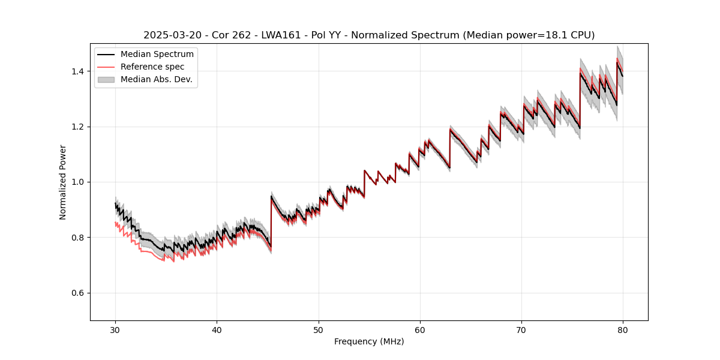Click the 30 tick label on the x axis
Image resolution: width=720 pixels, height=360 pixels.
coord(115,329)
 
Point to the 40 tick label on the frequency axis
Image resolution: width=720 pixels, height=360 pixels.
coord(217,329)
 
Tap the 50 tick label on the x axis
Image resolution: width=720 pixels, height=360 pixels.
coord(319,329)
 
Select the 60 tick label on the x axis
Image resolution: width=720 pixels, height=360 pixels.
coord(420,329)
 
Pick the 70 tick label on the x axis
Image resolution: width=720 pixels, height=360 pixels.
coord(521,329)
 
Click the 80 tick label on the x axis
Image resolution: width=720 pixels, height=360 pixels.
coord(623,329)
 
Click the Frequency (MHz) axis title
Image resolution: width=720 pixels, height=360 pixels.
coord(369,341)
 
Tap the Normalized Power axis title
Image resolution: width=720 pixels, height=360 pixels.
coord(63,182)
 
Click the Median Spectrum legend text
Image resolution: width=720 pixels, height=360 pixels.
coord(157,55)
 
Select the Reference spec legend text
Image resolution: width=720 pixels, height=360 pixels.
coord(152,67)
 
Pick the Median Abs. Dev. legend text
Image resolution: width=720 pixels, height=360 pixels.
coord(157,79)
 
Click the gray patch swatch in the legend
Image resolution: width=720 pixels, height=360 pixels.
coord(106,79)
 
